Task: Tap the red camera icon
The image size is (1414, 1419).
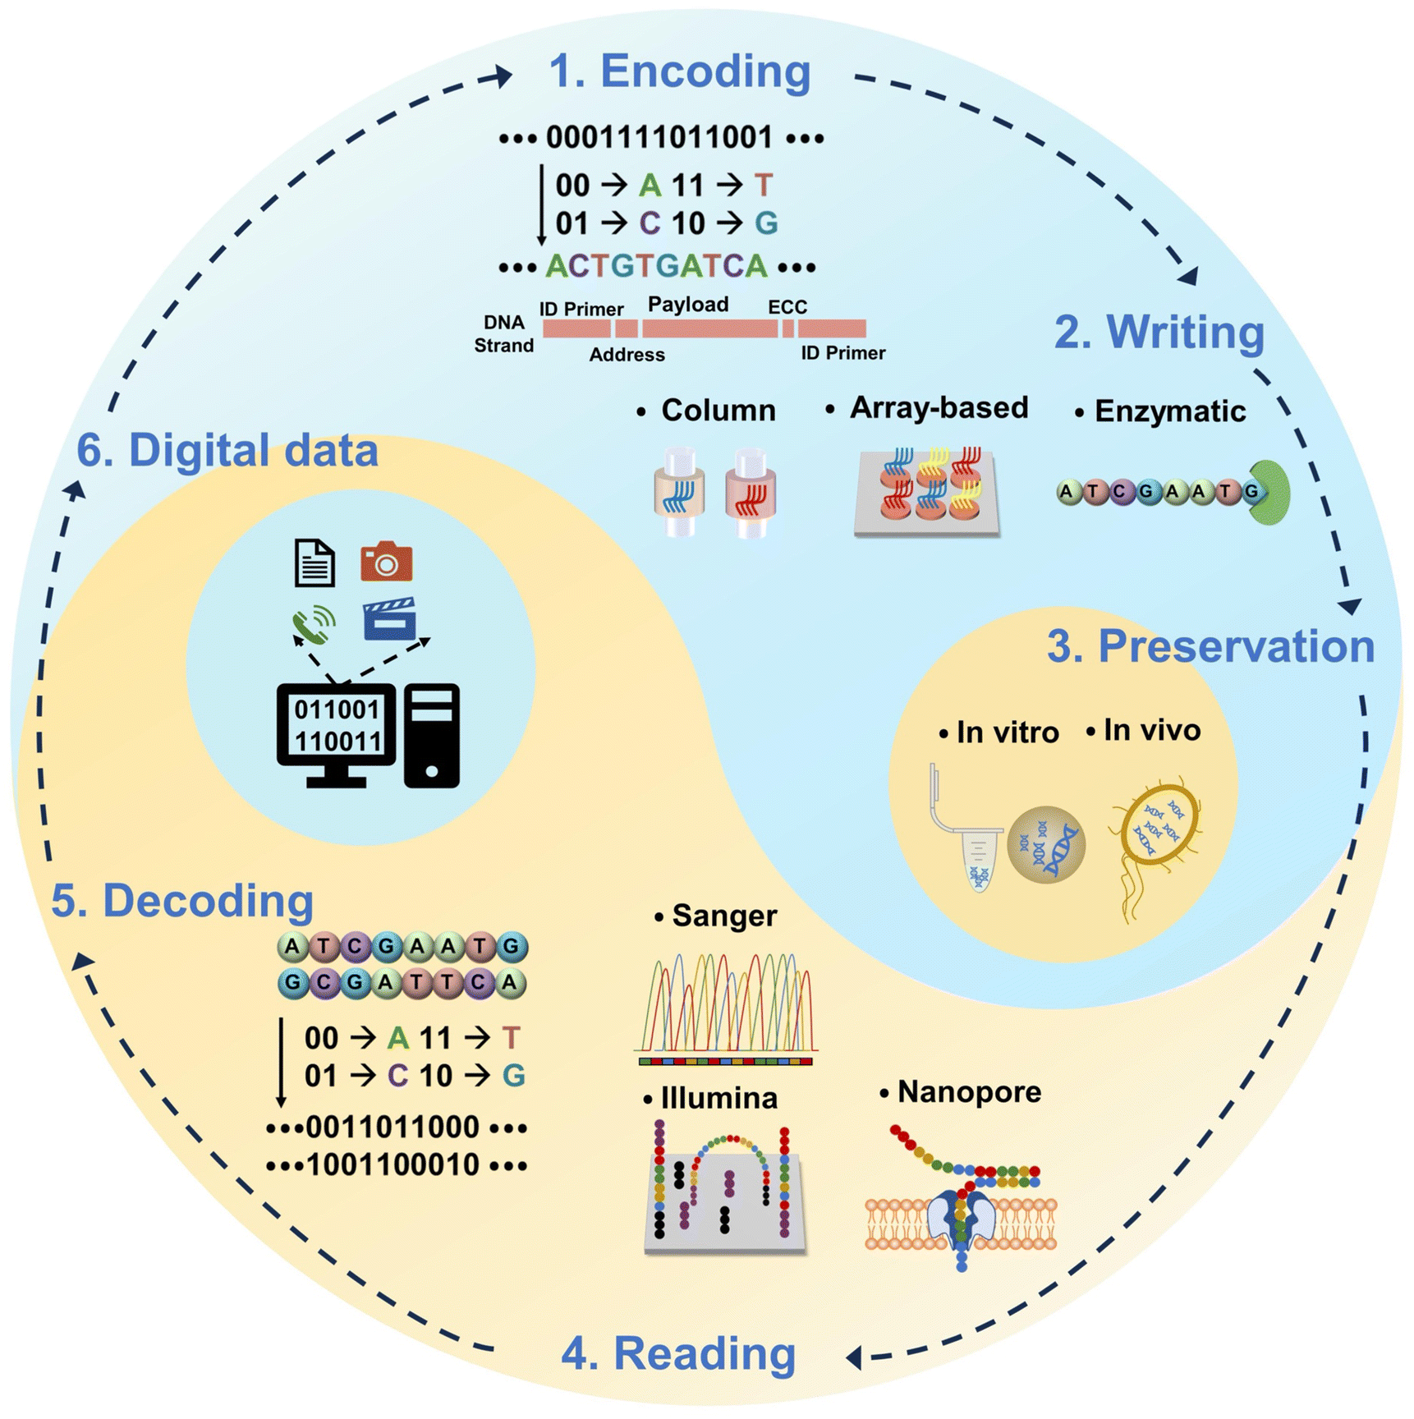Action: (386, 562)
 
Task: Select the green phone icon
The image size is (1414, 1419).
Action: (314, 626)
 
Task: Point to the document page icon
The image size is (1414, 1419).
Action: (314, 563)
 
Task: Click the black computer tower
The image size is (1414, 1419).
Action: (432, 735)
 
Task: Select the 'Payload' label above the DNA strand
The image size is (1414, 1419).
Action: (688, 305)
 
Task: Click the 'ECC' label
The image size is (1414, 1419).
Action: (787, 307)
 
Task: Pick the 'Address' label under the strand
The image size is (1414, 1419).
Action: (627, 355)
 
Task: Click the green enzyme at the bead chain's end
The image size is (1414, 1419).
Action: (1271, 492)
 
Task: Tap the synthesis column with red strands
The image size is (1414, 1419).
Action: (751, 493)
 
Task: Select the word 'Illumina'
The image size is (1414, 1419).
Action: (718, 1098)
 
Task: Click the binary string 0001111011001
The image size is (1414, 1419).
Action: (659, 137)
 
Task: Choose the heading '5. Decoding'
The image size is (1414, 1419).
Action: (182, 901)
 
